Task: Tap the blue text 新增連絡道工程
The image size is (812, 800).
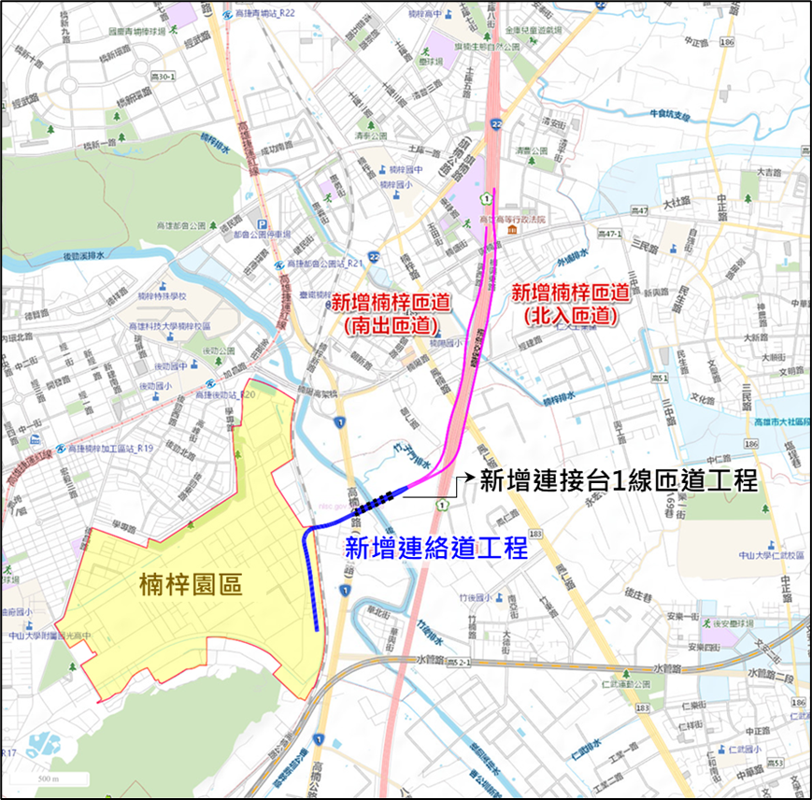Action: pos(437,548)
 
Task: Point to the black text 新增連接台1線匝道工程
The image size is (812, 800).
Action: pos(618,480)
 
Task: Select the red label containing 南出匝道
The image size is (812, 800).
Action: pos(392,312)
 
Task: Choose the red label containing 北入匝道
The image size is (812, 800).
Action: pos(565,304)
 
